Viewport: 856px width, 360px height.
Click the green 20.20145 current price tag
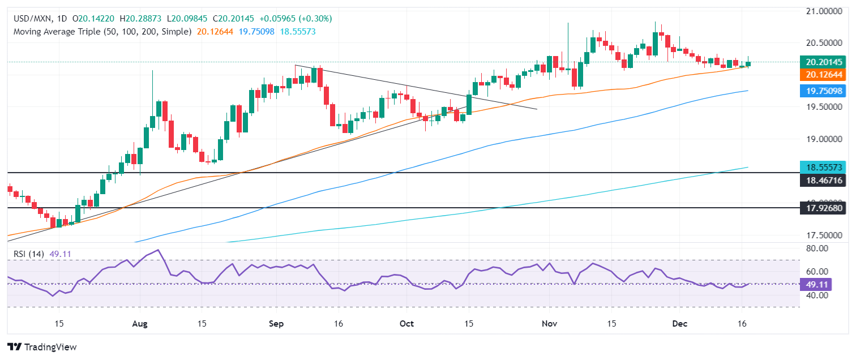pos(824,62)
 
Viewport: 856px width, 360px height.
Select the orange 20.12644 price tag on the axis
pos(824,75)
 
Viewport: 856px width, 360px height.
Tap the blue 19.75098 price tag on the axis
pos(824,91)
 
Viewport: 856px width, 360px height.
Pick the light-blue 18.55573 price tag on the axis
pos(824,167)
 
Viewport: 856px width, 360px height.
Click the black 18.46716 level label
pos(824,180)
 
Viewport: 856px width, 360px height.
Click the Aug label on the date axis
pos(139,324)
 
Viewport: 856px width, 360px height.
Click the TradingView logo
pos(41,347)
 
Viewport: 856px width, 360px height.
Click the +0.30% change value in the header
pos(316,19)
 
